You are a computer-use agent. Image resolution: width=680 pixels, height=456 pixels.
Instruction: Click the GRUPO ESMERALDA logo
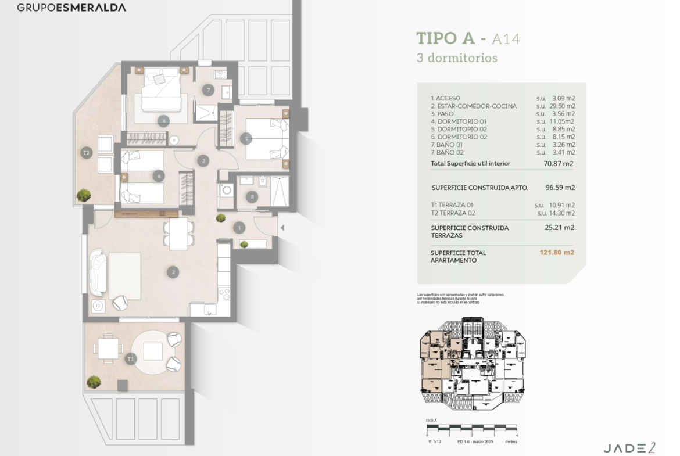point(71,8)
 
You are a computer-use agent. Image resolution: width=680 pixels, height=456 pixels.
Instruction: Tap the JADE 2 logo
point(629,447)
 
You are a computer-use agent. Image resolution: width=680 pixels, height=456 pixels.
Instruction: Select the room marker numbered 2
point(172,271)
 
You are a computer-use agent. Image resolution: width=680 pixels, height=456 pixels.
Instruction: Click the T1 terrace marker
point(131,359)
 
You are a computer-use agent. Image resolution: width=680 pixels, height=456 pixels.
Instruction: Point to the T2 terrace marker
point(87,153)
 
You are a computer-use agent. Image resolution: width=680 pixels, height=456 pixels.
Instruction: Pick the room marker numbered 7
point(208,90)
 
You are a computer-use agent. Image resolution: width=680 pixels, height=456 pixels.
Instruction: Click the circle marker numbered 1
point(239,228)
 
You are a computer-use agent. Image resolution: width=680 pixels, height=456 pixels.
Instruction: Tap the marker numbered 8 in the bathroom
point(251,196)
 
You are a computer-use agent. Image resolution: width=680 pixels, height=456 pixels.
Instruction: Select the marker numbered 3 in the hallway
point(203,161)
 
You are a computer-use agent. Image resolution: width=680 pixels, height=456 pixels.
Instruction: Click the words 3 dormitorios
point(457,58)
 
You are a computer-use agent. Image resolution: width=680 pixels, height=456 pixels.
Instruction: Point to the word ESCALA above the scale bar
point(431,420)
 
